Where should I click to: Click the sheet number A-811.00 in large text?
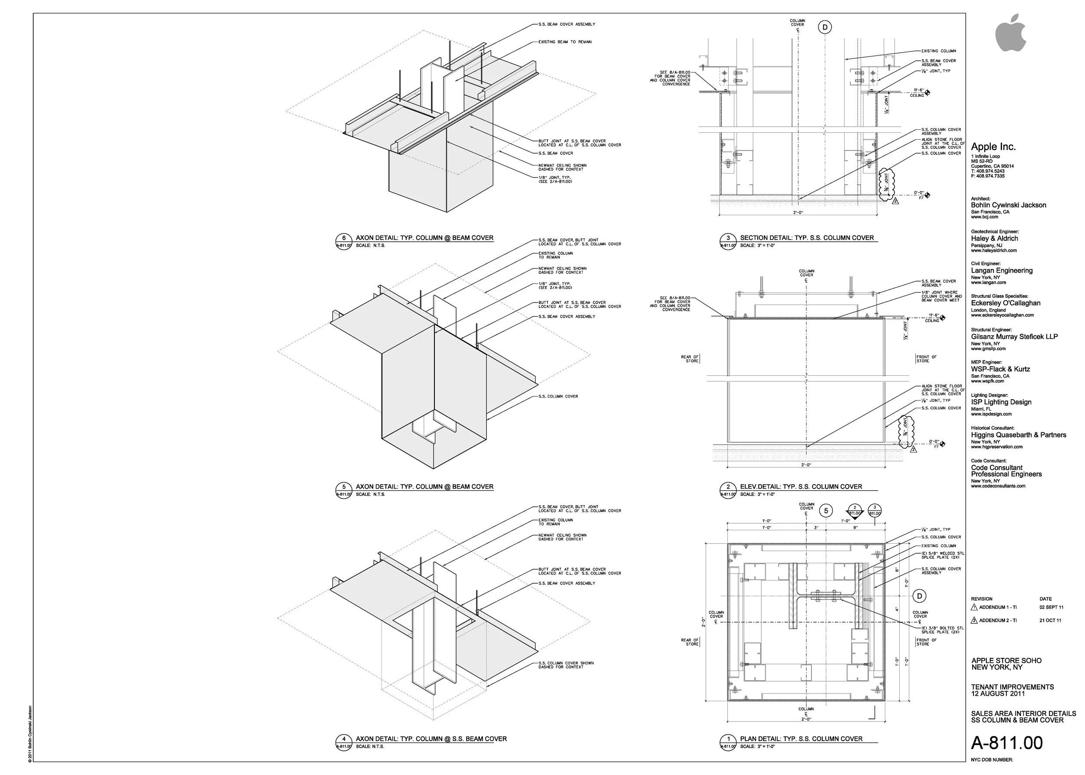(1007, 743)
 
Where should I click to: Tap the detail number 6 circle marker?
(344, 238)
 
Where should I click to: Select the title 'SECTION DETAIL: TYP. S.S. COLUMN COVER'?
(807, 238)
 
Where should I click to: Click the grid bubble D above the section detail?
(825, 28)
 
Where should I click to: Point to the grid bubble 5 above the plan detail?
(826, 511)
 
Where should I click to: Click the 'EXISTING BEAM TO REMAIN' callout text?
(565, 42)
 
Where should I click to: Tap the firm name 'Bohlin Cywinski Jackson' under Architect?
(1008, 205)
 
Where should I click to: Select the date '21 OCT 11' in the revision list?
(1050, 621)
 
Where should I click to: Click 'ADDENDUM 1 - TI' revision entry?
(998, 608)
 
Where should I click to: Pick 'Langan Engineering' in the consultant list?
(1002, 271)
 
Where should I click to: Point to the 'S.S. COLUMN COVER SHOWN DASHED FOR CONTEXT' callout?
(566, 665)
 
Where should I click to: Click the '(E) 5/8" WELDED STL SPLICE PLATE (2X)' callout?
(942, 555)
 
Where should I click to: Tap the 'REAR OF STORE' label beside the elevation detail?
(690, 359)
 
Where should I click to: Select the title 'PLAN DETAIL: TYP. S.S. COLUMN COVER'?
(801, 739)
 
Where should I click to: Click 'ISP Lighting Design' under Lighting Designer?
(1001, 402)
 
